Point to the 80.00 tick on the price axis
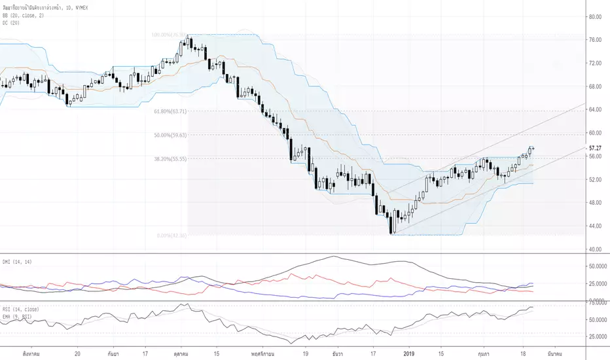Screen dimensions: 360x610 595,17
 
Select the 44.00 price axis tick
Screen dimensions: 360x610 595,226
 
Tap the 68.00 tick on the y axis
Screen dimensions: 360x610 595,86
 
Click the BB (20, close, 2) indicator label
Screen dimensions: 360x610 21,12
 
